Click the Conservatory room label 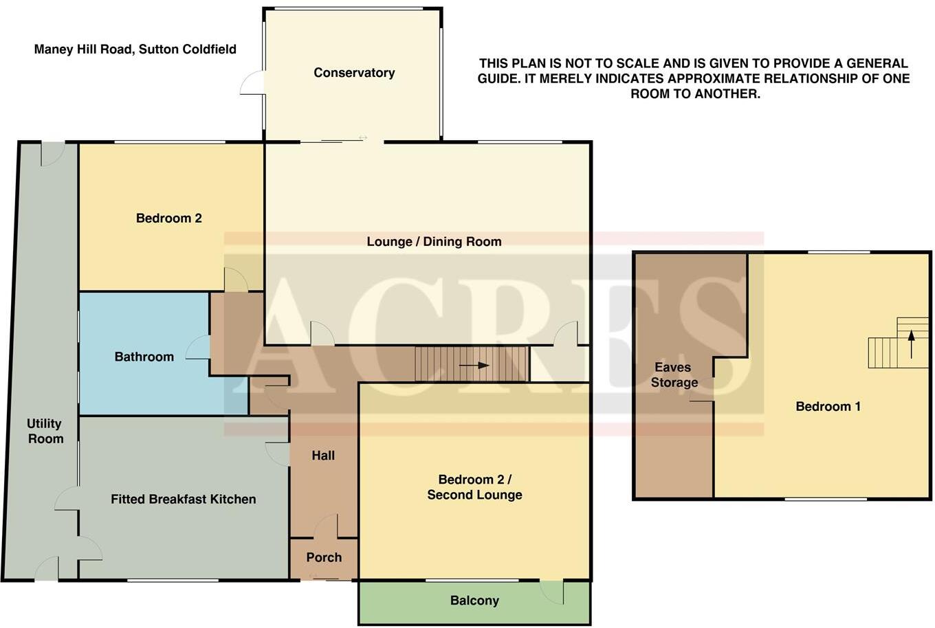coord(354,73)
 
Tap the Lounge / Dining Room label coord(434,242)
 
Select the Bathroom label coord(144,357)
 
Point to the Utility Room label coord(45,431)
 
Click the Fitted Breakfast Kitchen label coord(183,500)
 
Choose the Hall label coord(323,456)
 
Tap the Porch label coord(324,557)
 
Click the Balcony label coord(474,601)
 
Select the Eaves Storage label coord(674,375)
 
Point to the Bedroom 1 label coord(828,407)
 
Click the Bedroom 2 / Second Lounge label coord(474,487)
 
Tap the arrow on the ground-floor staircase coord(474,366)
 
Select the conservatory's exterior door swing coord(252,83)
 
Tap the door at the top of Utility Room coord(52,153)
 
